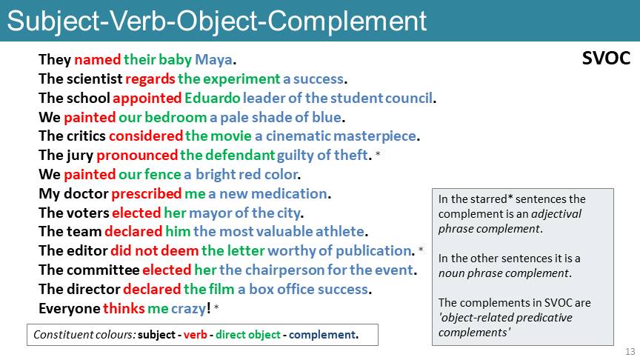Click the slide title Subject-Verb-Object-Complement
[x=217, y=21]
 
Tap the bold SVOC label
[x=606, y=59]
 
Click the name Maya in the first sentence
[x=213, y=60]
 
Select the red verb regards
[x=150, y=79]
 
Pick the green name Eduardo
[x=213, y=98]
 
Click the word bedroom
[x=176, y=118]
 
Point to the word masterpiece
[x=375, y=136]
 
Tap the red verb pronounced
[x=137, y=156]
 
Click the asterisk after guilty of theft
[x=378, y=154]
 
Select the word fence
[x=162, y=175]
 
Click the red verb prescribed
[x=146, y=194]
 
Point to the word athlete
[x=339, y=231]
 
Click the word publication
[x=373, y=251]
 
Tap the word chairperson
[x=285, y=270]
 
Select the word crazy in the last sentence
[x=188, y=309]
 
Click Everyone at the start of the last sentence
[x=70, y=309]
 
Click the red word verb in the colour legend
[x=195, y=335]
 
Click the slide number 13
[x=630, y=351]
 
